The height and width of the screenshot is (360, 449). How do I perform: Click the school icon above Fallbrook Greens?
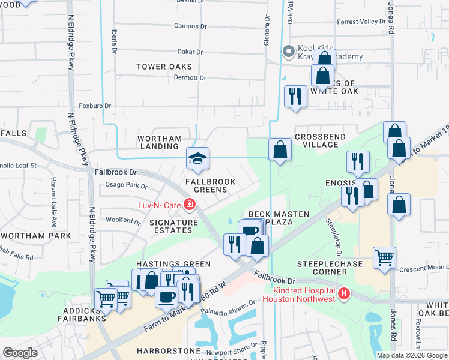(197, 159)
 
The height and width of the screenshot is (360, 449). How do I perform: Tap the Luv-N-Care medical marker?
(190, 205)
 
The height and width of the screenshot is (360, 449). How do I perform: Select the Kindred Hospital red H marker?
(343, 293)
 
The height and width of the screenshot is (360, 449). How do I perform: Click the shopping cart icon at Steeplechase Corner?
(384, 259)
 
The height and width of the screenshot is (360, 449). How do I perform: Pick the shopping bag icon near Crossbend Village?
(280, 150)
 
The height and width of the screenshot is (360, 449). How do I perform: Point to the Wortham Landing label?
(160, 142)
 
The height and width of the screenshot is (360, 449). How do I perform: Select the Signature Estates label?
(173, 226)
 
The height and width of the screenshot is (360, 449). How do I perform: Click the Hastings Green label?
(173, 264)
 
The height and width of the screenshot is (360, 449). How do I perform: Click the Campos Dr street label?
(190, 26)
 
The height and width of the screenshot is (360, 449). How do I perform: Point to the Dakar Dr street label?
(191, 52)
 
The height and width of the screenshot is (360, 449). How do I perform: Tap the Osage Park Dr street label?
(126, 185)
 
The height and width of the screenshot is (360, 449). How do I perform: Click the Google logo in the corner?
(20, 353)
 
